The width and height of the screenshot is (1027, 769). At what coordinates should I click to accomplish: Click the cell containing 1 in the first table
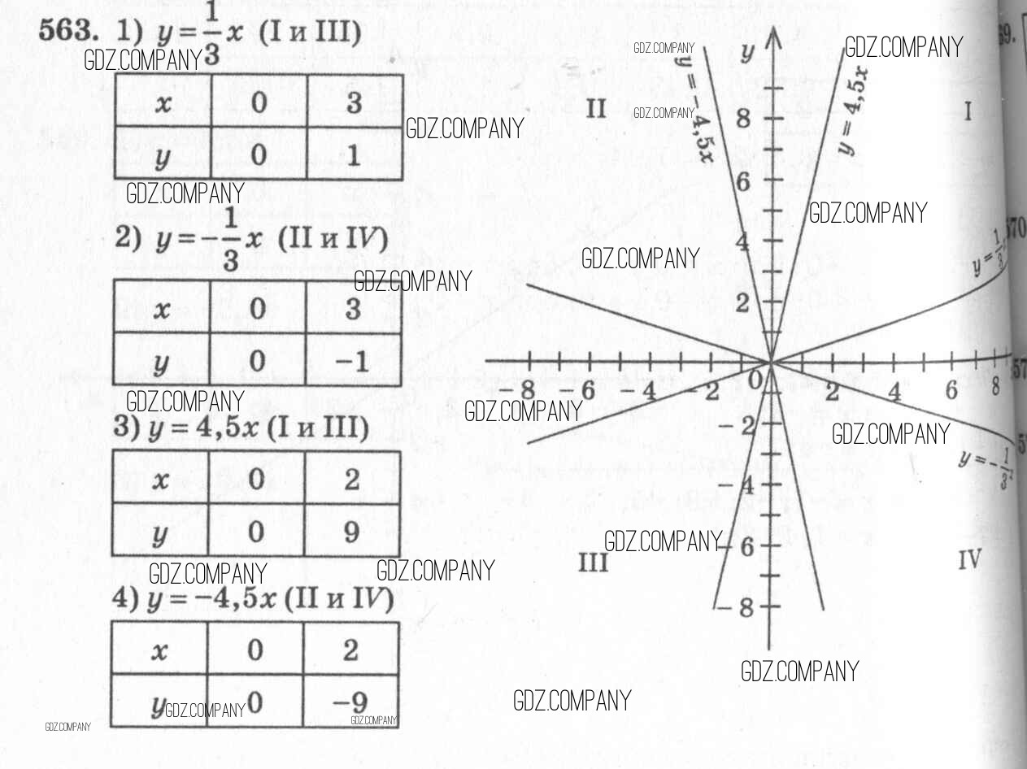click(x=353, y=154)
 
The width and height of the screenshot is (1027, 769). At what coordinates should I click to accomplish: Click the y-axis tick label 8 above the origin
click(x=743, y=120)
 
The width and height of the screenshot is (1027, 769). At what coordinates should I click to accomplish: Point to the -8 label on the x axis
click(x=517, y=389)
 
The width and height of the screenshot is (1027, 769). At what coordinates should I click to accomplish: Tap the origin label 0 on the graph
click(x=755, y=380)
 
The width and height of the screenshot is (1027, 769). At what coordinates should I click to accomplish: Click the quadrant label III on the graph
click(x=593, y=562)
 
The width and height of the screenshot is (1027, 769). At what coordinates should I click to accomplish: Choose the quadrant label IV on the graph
click(x=968, y=559)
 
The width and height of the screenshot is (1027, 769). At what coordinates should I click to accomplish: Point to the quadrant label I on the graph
click(x=968, y=111)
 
